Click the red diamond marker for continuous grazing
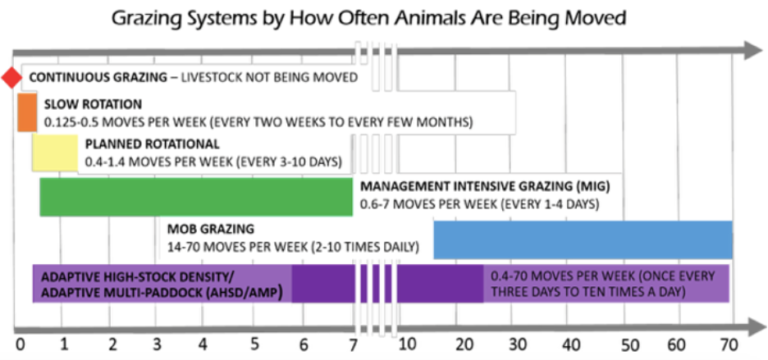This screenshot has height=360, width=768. pos(11,78)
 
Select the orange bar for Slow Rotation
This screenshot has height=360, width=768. pos(27,112)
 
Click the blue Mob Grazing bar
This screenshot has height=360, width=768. pos(583,239)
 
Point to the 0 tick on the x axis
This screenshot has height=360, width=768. pos(19,343)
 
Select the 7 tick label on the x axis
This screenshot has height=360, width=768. pos(353,343)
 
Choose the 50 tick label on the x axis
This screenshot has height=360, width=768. pos(630,343)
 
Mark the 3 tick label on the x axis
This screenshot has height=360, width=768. pos(158,343)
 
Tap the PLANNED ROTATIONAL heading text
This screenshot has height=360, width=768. pos(140,144)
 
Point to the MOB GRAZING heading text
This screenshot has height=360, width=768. pos(210,229)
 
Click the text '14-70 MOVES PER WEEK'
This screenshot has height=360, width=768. pos(232,245)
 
